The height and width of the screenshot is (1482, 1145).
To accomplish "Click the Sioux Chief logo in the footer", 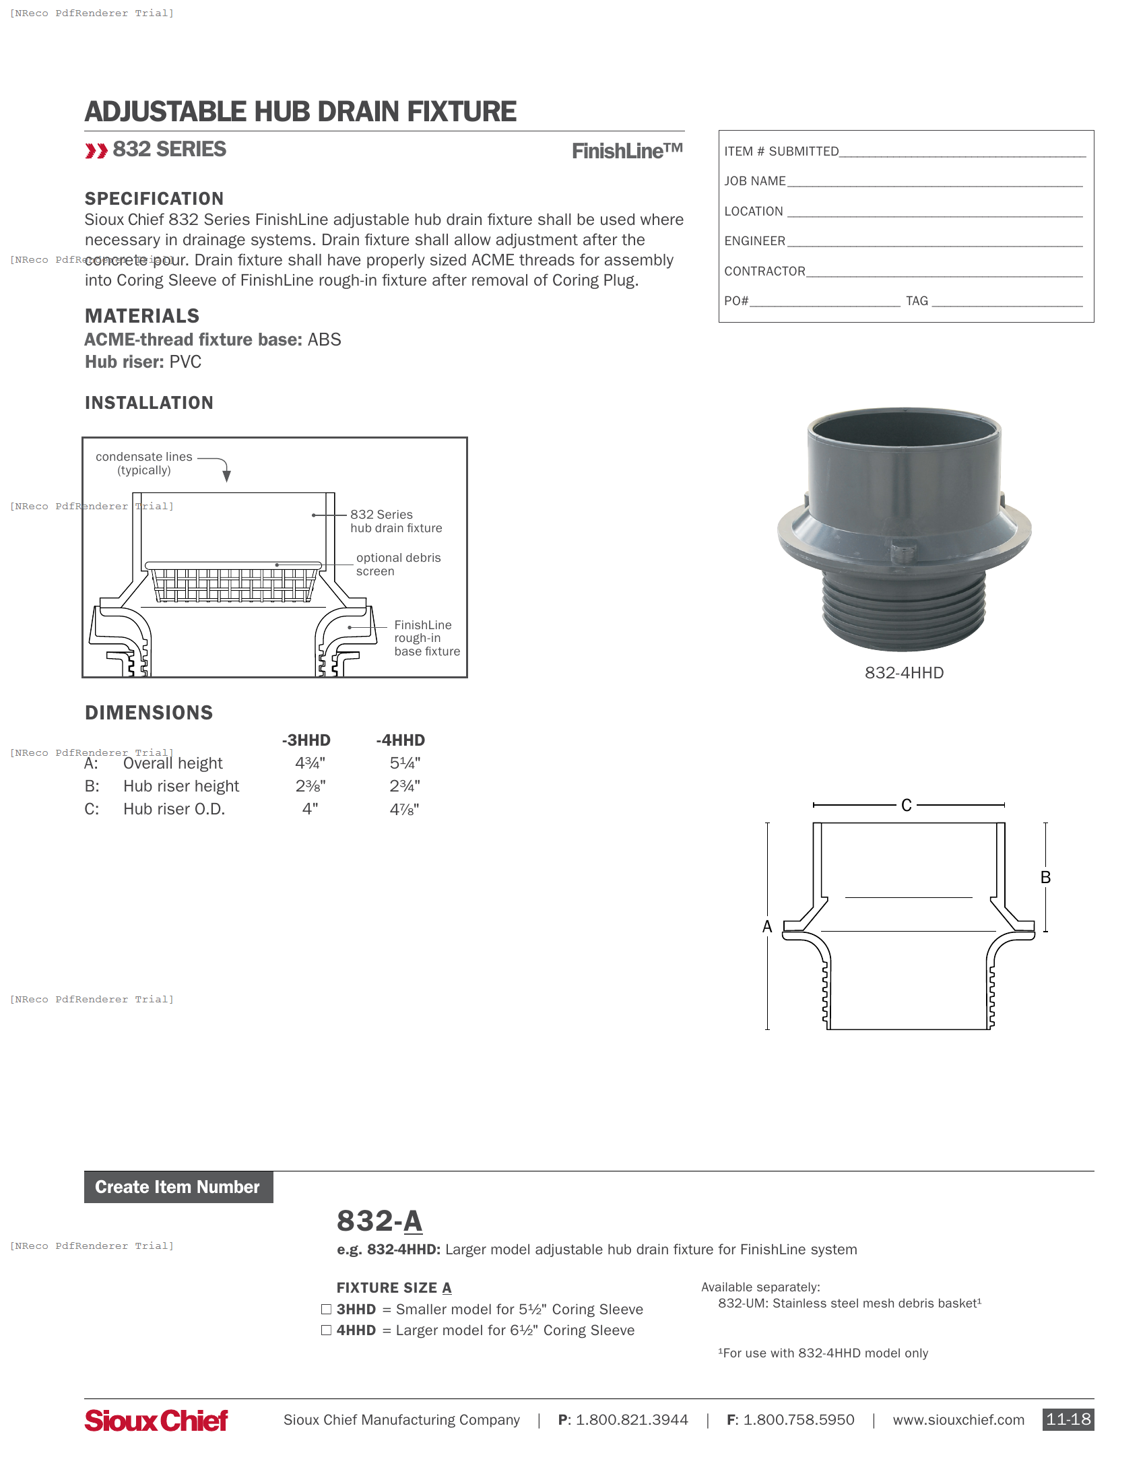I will click(x=156, y=1420).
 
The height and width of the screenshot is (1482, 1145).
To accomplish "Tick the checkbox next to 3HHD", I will click(x=326, y=1309).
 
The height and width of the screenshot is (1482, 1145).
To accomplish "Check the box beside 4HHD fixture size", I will click(x=326, y=1330).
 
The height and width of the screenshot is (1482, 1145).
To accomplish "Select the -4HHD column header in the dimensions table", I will click(x=400, y=740).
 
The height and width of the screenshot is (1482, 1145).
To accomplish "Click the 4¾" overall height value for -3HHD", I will click(x=310, y=763).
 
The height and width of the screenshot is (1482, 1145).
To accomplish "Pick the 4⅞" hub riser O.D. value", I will click(x=404, y=809).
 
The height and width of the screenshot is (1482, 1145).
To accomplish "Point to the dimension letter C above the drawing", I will click(x=906, y=806).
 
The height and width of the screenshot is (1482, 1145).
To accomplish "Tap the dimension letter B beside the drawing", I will click(x=1045, y=877).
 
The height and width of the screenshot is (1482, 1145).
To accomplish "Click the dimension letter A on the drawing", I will click(x=767, y=927).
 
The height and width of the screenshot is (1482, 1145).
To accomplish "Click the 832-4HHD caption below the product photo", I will click(x=903, y=672).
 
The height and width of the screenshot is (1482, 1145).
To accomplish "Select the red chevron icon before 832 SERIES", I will click(x=96, y=151).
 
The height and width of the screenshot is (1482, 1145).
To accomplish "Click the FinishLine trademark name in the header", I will click(x=627, y=151).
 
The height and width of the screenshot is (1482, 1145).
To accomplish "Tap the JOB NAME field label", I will click(x=754, y=181).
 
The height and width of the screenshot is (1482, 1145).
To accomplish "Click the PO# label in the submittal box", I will click(x=736, y=301).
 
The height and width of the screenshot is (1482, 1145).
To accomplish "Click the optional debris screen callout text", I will click(x=398, y=565).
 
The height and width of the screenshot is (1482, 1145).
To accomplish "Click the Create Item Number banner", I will click(x=178, y=1187).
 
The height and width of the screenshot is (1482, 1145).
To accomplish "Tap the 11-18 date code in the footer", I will click(x=1068, y=1419).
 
